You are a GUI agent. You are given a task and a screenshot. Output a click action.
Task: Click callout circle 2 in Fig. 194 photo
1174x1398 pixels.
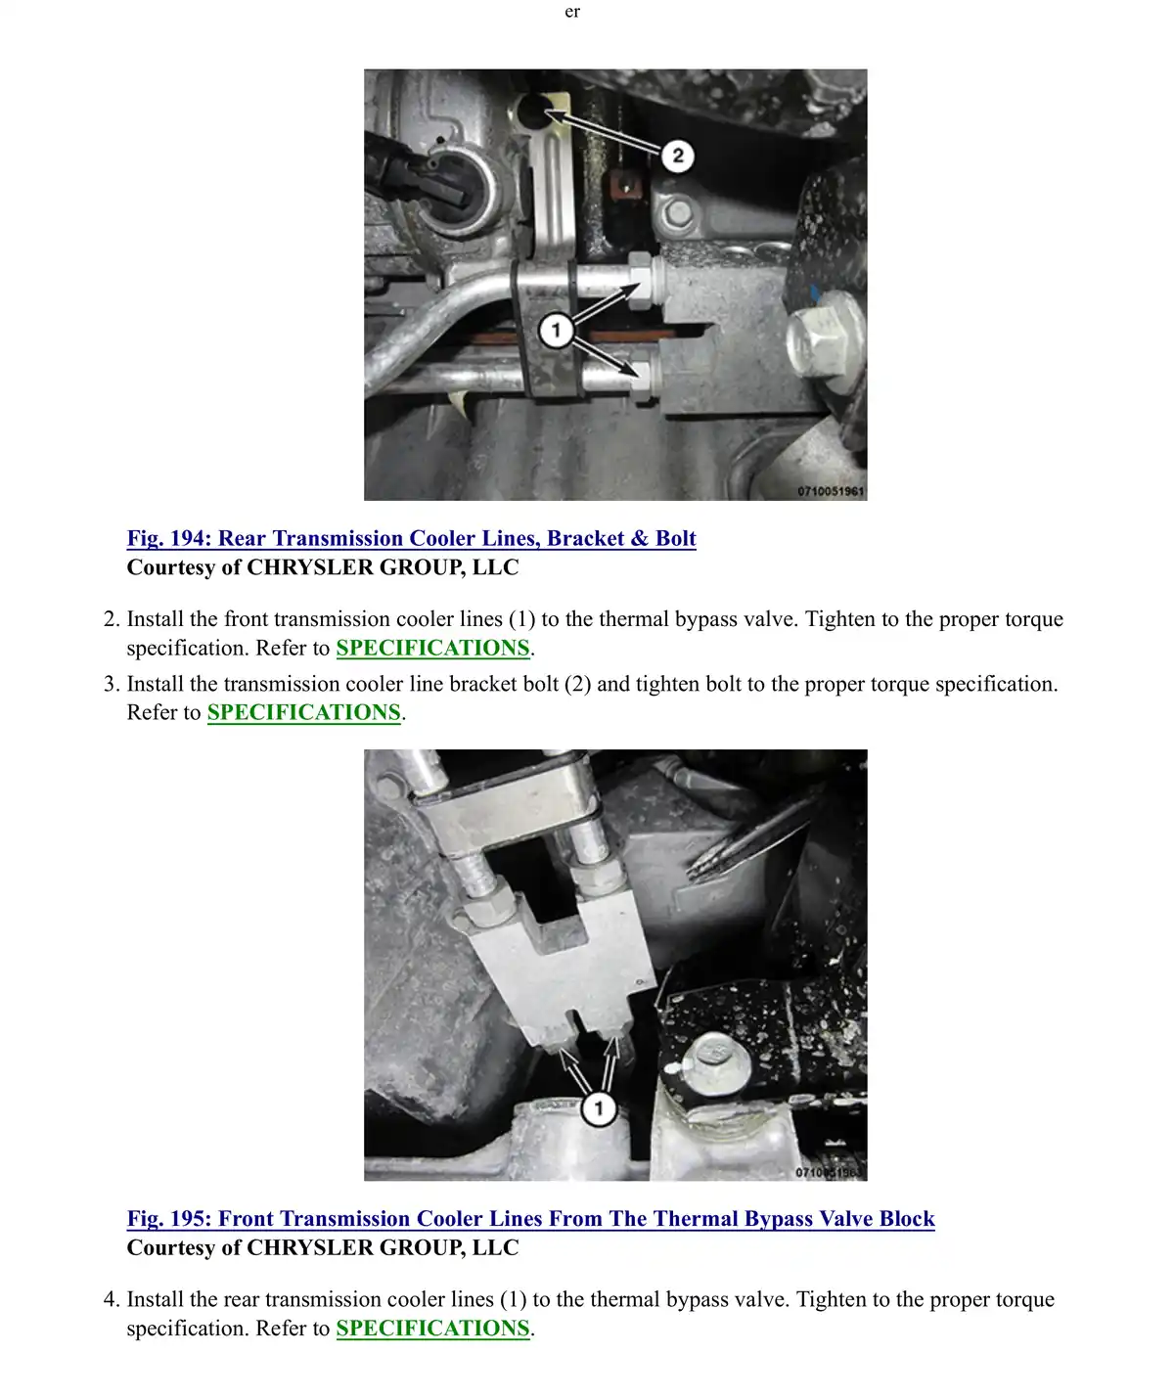677,156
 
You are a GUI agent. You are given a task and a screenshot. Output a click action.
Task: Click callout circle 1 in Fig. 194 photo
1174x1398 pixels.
555,330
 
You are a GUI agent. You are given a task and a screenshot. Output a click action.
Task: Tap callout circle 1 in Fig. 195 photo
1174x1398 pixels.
598,1108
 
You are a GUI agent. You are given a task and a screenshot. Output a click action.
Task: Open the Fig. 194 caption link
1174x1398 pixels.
411,538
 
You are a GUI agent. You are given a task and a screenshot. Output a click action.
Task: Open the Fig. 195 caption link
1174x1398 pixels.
530,1219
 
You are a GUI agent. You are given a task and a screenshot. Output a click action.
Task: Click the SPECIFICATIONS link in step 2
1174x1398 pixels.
432,648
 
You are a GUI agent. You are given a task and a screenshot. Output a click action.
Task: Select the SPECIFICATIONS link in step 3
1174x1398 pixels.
304,712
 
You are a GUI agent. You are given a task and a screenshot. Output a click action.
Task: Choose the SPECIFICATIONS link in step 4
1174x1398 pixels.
432,1329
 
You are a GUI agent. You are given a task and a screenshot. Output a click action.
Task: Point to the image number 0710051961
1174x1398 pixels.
831,491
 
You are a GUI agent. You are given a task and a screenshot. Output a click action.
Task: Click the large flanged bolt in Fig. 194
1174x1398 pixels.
824,338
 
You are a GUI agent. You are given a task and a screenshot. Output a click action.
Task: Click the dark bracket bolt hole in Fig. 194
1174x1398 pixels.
534,112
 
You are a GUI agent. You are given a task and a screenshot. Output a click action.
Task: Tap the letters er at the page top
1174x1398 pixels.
572,12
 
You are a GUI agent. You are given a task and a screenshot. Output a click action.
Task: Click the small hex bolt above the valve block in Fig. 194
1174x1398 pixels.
678,214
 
